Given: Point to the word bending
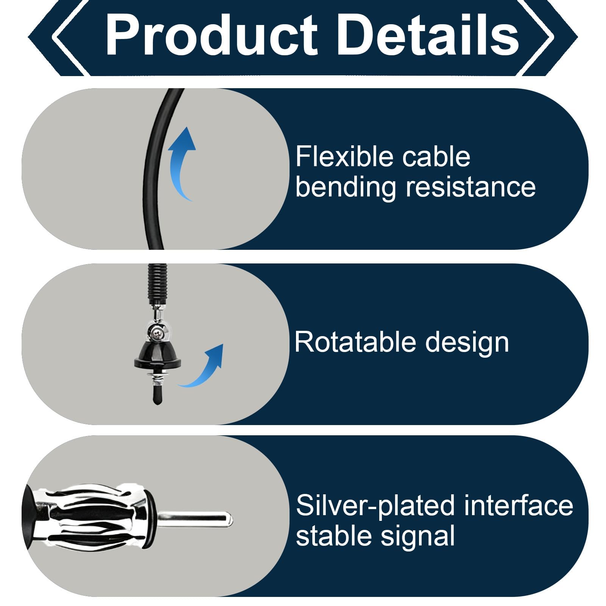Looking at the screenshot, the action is coord(346,187).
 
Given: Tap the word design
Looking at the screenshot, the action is coord(467,343).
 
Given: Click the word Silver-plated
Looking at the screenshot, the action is coord(375,506).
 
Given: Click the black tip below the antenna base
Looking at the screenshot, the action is coord(157,395).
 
